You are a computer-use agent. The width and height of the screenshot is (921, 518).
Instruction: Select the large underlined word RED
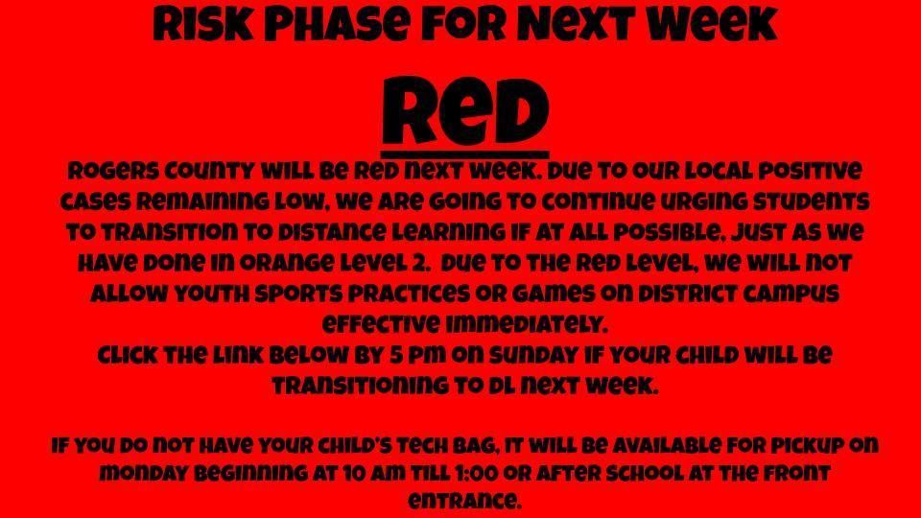(x=465, y=110)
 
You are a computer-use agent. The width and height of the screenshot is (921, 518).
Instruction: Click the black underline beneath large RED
(x=465, y=154)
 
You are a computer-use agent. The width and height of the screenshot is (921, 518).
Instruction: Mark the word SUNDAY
(x=533, y=355)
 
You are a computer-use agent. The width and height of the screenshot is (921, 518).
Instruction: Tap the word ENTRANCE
(x=464, y=501)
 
